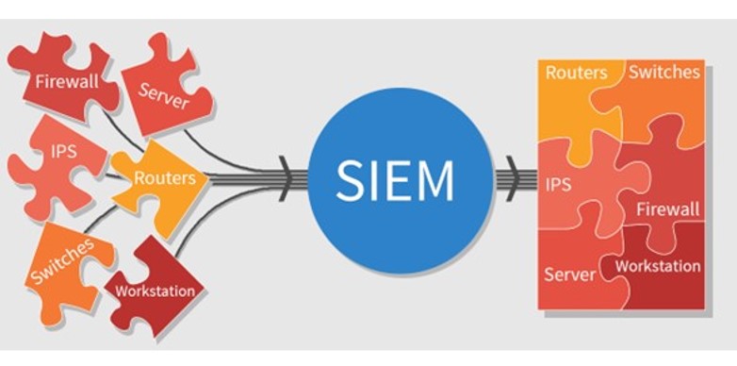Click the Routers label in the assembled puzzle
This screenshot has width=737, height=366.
click(x=576, y=73)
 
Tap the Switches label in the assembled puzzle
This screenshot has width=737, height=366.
click(x=664, y=72)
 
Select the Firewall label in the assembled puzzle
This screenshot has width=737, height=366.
click(x=666, y=207)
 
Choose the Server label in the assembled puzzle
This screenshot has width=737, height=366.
click(x=570, y=274)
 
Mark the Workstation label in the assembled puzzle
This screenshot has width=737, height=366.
click(x=658, y=266)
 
